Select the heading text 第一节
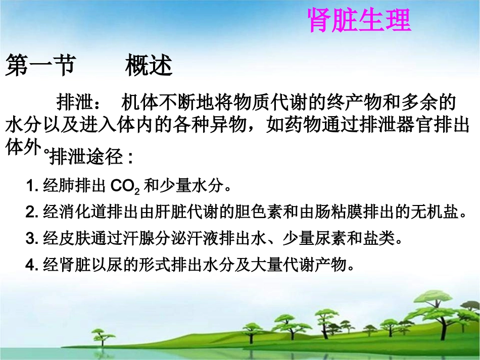tap(40, 66)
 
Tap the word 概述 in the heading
tap(149, 66)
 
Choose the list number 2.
tap(30, 212)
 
